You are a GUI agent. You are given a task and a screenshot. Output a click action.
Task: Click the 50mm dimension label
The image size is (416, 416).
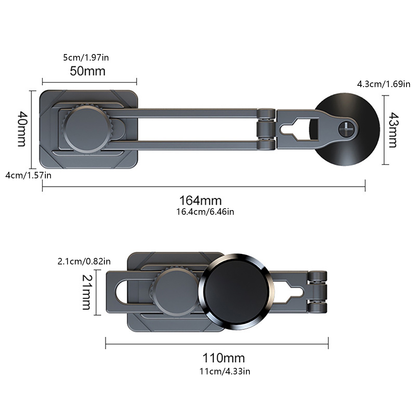(88, 71)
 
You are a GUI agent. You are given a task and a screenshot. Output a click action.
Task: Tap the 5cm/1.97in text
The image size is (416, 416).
(86, 57)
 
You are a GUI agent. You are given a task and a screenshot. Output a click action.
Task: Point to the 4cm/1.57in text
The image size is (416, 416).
(28, 175)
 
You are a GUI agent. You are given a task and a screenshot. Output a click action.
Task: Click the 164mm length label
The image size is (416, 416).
(200, 200)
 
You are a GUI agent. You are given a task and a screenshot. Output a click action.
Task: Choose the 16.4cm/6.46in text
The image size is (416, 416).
(205, 212)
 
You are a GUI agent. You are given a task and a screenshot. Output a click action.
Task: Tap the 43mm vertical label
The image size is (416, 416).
(393, 130)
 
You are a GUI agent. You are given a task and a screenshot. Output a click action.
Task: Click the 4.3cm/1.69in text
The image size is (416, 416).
(383, 84)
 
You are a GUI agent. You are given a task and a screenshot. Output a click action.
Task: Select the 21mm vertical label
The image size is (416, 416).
(87, 292)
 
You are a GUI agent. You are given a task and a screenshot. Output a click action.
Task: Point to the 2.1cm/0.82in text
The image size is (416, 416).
(84, 261)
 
